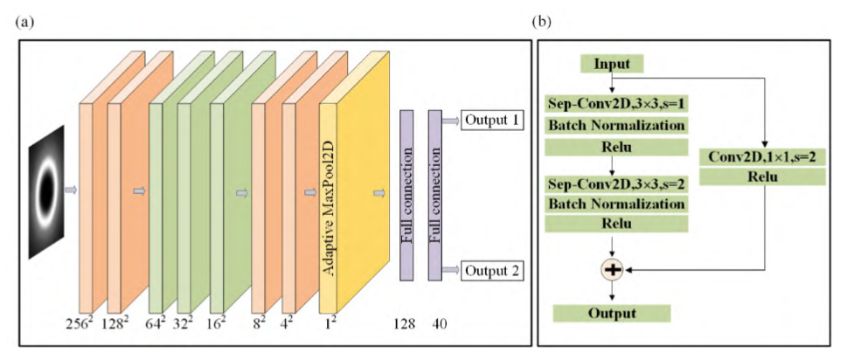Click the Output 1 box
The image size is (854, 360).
tap(492, 119)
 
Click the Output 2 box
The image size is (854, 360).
tap(492, 271)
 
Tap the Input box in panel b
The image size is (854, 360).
tap(612, 64)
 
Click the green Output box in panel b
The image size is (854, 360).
tap(612, 312)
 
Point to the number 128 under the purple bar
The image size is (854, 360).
tap(406, 324)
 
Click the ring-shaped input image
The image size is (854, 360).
tap(46, 191)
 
